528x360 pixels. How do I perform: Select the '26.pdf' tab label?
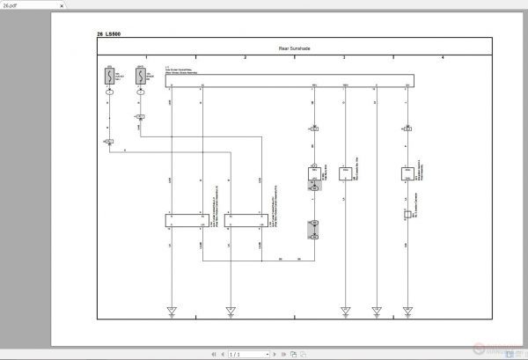[11, 4]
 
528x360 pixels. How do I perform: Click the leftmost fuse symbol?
[109, 77]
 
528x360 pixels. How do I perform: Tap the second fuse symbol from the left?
[141, 77]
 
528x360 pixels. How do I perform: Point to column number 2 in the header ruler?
[245, 56]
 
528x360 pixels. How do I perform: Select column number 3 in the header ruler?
[343, 56]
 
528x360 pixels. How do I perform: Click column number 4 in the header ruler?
[442, 56]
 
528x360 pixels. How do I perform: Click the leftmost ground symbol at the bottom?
[172, 310]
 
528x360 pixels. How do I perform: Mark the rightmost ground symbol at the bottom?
[407, 310]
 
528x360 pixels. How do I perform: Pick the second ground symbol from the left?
[231, 310]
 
